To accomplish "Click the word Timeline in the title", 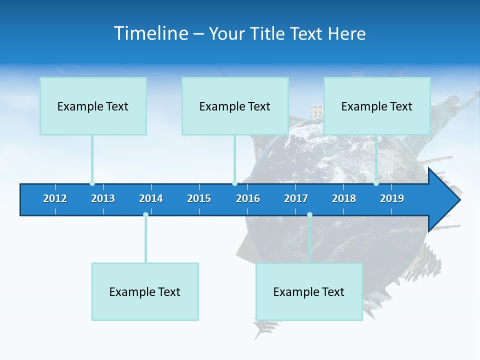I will pyautogui.click(x=150, y=33).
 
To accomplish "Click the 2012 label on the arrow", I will pyautogui.click(x=55, y=198).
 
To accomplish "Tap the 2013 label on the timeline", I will pyautogui.click(x=103, y=198).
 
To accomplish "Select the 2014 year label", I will pyautogui.click(x=151, y=198).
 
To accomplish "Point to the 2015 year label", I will pyautogui.click(x=199, y=198).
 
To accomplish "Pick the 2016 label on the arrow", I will pyautogui.click(x=248, y=198).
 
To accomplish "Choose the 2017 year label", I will pyautogui.click(x=296, y=198).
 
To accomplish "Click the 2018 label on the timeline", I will pyautogui.click(x=344, y=198).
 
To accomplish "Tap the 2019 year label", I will pyautogui.click(x=392, y=198).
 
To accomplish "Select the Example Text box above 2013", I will pyautogui.click(x=93, y=106).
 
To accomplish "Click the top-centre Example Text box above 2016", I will pyautogui.click(x=235, y=106).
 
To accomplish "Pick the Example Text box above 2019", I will pyautogui.click(x=377, y=106).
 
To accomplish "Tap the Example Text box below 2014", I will pyautogui.click(x=145, y=291).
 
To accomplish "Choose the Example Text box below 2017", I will pyautogui.click(x=309, y=291).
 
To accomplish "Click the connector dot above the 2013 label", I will pyautogui.click(x=92, y=183).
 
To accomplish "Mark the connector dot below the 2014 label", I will pyautogui.click(x=145, y=215).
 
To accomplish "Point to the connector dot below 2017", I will pyautogui.click(x=309, y=215).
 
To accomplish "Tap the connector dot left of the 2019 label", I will pyautogui.click(x=376, y=183).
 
